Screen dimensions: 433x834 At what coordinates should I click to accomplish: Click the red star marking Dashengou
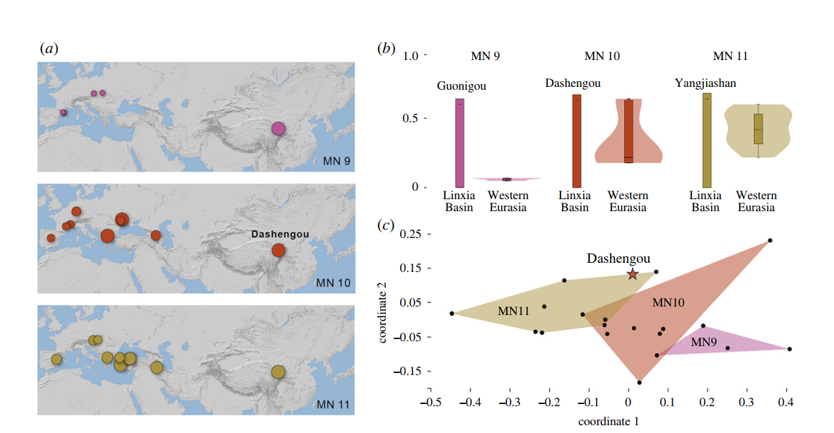click(x=633, y=274)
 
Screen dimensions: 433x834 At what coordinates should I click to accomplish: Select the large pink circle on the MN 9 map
click(x=278, y=129)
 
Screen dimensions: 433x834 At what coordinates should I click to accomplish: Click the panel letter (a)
click(x=49, y=48)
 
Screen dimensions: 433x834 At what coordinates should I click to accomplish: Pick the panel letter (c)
click(x=386, y=225)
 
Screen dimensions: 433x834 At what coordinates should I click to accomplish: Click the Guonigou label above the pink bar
click(x=462, y=86)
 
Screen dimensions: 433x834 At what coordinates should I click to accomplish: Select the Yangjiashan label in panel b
click(x=705, y=83)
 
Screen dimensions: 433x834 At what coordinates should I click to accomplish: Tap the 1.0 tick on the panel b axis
click(x=411, y=55)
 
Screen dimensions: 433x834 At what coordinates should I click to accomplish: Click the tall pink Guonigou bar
click(x=459, y=143)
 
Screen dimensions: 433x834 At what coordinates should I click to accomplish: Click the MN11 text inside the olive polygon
click(x=515, y=311)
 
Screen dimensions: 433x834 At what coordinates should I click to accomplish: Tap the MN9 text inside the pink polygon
click(x=704, y=343)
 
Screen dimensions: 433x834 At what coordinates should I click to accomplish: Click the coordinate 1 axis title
click(x=609, y=422)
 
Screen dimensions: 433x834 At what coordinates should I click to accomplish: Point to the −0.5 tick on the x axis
click(x=431, y=402)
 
